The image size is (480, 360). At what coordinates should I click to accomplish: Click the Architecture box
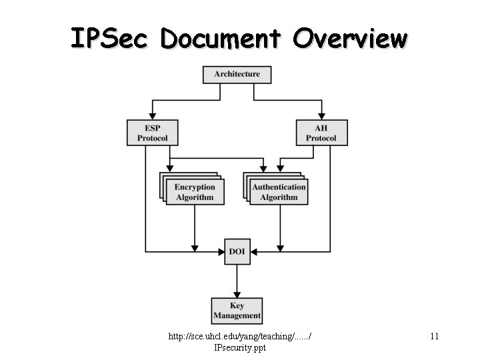pos(237,74)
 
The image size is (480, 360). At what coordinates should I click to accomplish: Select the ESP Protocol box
pos(153,132)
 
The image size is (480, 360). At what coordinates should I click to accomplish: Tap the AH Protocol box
pos(321,132)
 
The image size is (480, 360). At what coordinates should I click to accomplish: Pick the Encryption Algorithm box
pos(195,192)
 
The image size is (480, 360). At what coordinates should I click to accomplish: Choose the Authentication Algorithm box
pos(279,192)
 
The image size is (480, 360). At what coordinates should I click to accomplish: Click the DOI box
pos(237,251)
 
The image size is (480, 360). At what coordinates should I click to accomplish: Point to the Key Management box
pos(237,310)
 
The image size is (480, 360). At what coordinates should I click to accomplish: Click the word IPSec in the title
pos(111,39)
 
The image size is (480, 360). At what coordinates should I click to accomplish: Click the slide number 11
pos(434,337)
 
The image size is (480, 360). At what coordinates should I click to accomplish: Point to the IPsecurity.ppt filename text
pos(240,348)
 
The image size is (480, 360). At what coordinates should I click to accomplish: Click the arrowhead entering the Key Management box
pos(237,294)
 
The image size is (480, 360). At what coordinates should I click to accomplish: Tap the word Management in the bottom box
pos(237,315)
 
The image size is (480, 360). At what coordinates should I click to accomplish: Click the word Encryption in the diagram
pos(195,187)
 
